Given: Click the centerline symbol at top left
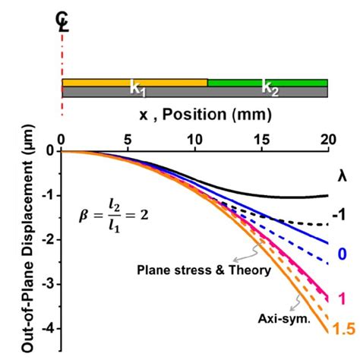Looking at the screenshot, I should pos(63,24).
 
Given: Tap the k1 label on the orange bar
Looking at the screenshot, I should pos(137,88).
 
